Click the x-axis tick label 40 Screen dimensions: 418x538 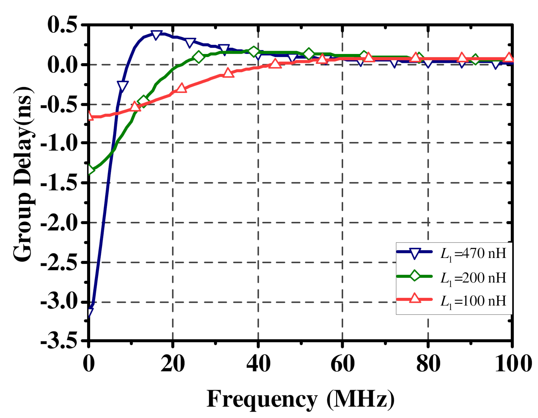(x=258, y=364)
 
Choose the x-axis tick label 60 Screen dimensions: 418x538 (x=342, y=364)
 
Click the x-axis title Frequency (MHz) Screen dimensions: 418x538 (x=300, y=399)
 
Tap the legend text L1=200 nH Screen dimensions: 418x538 (x=473, y=278)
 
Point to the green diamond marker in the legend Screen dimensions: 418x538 (x=415, y=276)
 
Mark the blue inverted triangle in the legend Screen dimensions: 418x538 (x=415, y=253)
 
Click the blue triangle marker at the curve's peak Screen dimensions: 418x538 (x=156, y=35)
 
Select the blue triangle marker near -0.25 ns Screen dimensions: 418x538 (x=123, y=86)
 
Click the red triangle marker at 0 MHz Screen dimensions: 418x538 (x=89, y=115)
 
